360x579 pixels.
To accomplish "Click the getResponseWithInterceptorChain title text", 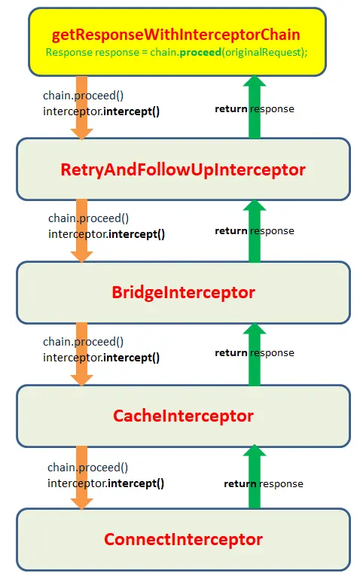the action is click(x=175, y=35).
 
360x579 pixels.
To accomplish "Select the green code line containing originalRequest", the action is click(x=176, y=53).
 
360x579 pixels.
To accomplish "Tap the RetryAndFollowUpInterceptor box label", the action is click(x=183, y=170).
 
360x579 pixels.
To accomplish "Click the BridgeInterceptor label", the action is click(x=183, y=292).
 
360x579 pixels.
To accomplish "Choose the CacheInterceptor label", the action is click(x=183, y=416).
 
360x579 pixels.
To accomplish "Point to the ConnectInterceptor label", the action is click(x=183, y=540).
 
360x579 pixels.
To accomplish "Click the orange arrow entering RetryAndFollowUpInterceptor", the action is click(x=81, y=108).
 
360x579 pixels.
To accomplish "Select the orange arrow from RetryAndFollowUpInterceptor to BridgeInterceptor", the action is click(x=81, y=231).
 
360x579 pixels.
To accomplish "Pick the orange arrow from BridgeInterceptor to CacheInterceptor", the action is click(x=81, y=354).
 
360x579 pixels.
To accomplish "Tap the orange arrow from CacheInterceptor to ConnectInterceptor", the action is click(x=81, y=478).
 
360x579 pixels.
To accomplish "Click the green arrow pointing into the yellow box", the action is click(x=255, y=107).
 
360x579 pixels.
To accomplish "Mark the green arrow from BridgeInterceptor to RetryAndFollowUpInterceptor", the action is click(x=255, y=231).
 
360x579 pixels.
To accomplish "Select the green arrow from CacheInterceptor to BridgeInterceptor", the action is click(x=255, y=355).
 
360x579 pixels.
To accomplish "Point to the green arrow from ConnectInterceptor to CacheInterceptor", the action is click(x=255, y=477).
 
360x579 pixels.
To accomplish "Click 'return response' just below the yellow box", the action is click(x=255, y=109).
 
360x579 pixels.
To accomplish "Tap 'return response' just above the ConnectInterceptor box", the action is click(x=264, y=483).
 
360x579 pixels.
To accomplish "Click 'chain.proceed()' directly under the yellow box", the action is click(x=83, y=96).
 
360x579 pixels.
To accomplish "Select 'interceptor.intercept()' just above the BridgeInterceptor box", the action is click(x=106, y=234).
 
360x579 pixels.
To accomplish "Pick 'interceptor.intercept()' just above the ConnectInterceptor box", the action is click(x=105, y=483).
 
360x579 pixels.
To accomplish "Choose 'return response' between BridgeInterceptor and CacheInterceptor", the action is click(x=255, y=353).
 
